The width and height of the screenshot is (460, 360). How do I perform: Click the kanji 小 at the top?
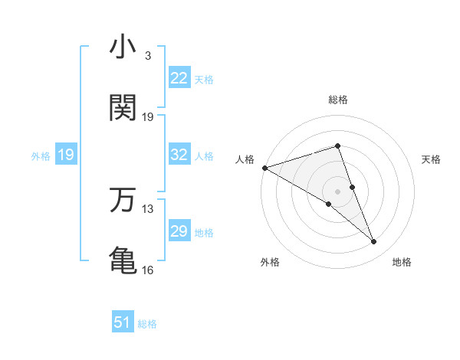(123, 48)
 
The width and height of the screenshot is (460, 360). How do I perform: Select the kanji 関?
(123, 109)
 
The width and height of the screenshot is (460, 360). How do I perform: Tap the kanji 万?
(123, 200)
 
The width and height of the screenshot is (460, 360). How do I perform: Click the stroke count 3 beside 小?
(147, 56)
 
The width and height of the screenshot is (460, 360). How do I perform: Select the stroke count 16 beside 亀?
(148, 270)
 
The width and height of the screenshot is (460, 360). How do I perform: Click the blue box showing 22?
(179, 78)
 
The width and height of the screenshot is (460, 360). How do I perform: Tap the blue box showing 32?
(179, 155)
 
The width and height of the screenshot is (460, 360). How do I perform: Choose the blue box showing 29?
(179, 231)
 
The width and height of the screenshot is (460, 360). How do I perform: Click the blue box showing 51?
(122, 323)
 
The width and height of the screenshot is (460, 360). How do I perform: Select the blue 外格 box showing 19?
(65, 155)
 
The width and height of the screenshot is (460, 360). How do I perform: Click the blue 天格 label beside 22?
(204, 79)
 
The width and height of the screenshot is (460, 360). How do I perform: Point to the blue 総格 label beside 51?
(147, 324)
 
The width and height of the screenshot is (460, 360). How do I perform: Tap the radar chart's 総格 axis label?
(337, 100)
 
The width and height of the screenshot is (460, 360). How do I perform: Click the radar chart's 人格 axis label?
(245, 159)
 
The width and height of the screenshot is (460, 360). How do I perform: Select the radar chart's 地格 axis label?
(402, 262)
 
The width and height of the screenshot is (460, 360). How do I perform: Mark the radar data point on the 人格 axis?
(264, 167)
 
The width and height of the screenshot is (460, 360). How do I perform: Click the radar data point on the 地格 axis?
(374, 242)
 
